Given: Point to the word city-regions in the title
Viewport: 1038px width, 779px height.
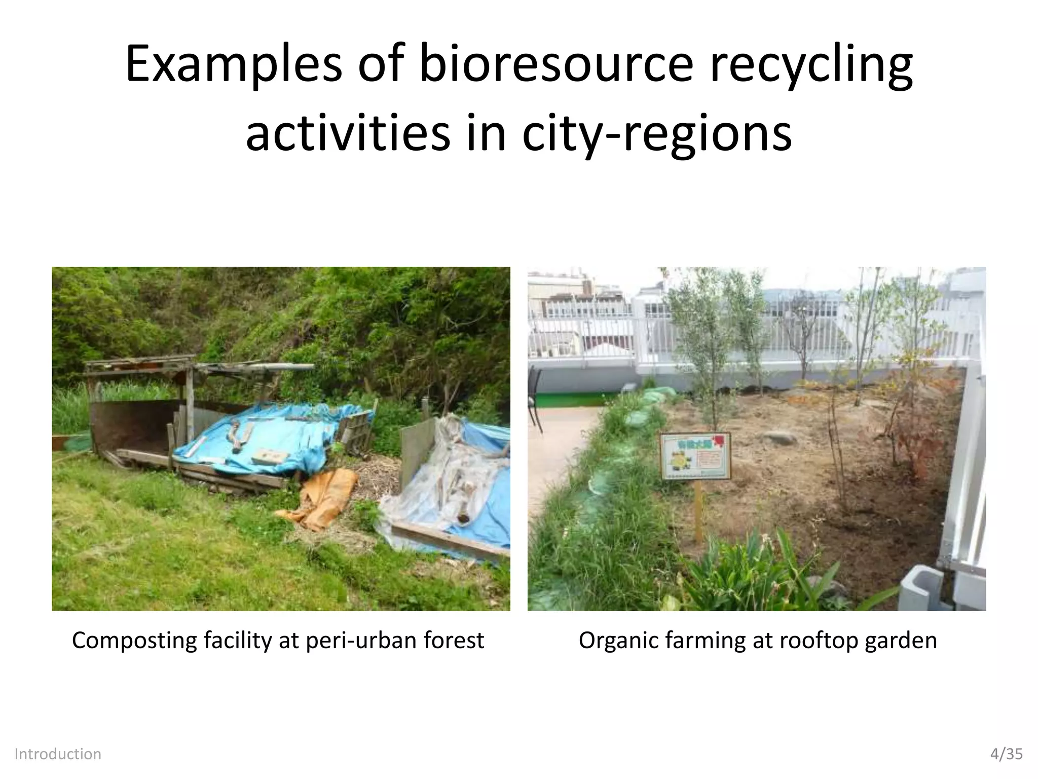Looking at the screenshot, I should coord(657,134).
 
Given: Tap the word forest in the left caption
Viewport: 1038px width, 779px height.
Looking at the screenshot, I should coord(454,640).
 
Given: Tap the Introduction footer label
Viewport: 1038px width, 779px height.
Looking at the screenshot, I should coord(58,754).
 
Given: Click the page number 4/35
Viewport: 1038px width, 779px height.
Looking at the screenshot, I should coord(1007,754).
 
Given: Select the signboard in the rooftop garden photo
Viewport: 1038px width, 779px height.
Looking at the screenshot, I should coord(695,456).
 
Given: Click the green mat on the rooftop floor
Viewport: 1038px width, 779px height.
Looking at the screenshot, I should coord(578,400).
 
